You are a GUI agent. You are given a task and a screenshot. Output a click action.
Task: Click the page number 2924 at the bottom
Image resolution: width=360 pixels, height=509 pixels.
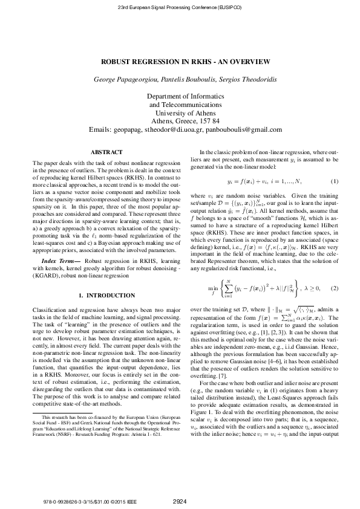coord(180,501)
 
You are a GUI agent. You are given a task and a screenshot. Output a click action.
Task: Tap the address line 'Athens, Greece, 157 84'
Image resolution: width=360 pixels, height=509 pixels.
coord(180,121)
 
